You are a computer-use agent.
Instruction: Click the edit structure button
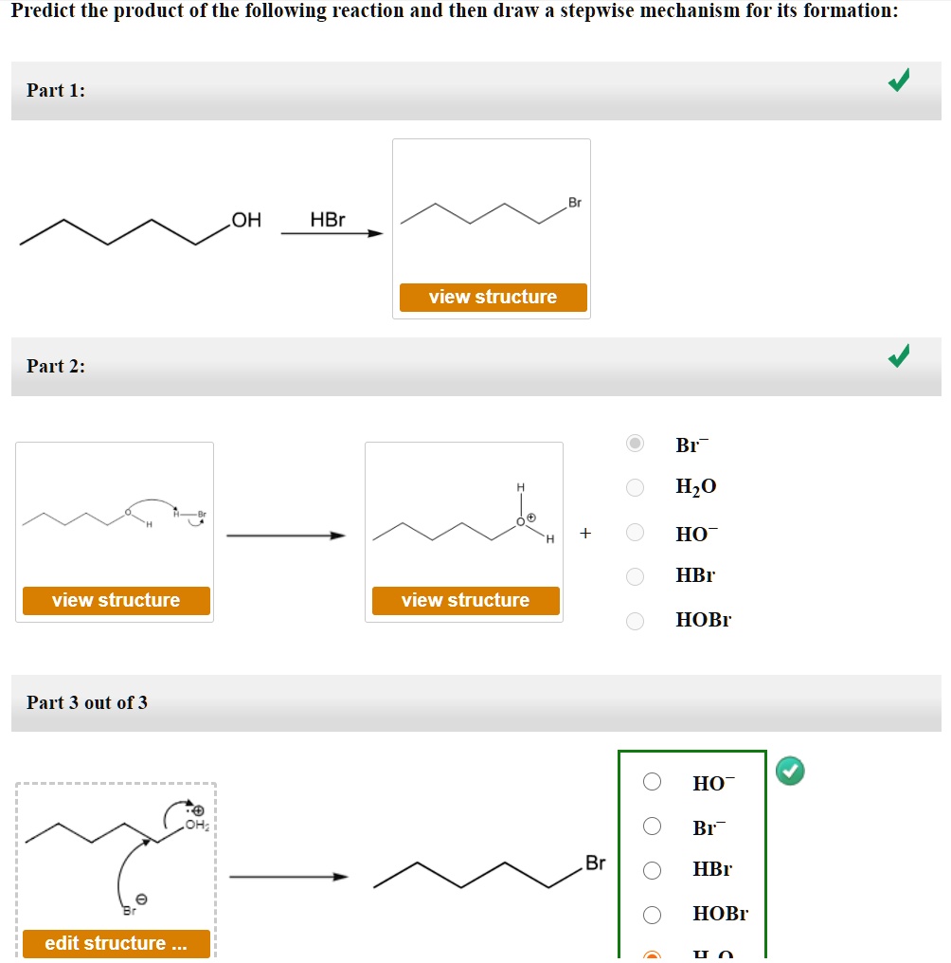coord(116,943)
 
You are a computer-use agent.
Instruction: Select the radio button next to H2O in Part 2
coord(636,487)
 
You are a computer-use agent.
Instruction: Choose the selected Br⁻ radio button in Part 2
coord(636,444)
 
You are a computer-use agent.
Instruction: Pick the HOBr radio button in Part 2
coord(636,621)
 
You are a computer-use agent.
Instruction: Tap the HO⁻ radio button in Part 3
coord(652,782)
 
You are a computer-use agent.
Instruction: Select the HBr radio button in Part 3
coord(652,869)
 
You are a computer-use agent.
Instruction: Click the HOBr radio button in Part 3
coord(652,915)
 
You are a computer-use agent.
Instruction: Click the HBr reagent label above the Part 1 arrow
coord(328,220)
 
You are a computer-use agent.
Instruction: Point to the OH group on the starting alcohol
coord(246,221)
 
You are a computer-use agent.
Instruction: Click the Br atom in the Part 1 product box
coord(575,203)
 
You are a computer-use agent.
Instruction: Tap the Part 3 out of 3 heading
coord(87,702)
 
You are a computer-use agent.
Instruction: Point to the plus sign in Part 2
coord(585,534)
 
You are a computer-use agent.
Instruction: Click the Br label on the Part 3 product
coord(595,863)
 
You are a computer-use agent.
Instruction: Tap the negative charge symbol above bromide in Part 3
coord(142,899)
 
